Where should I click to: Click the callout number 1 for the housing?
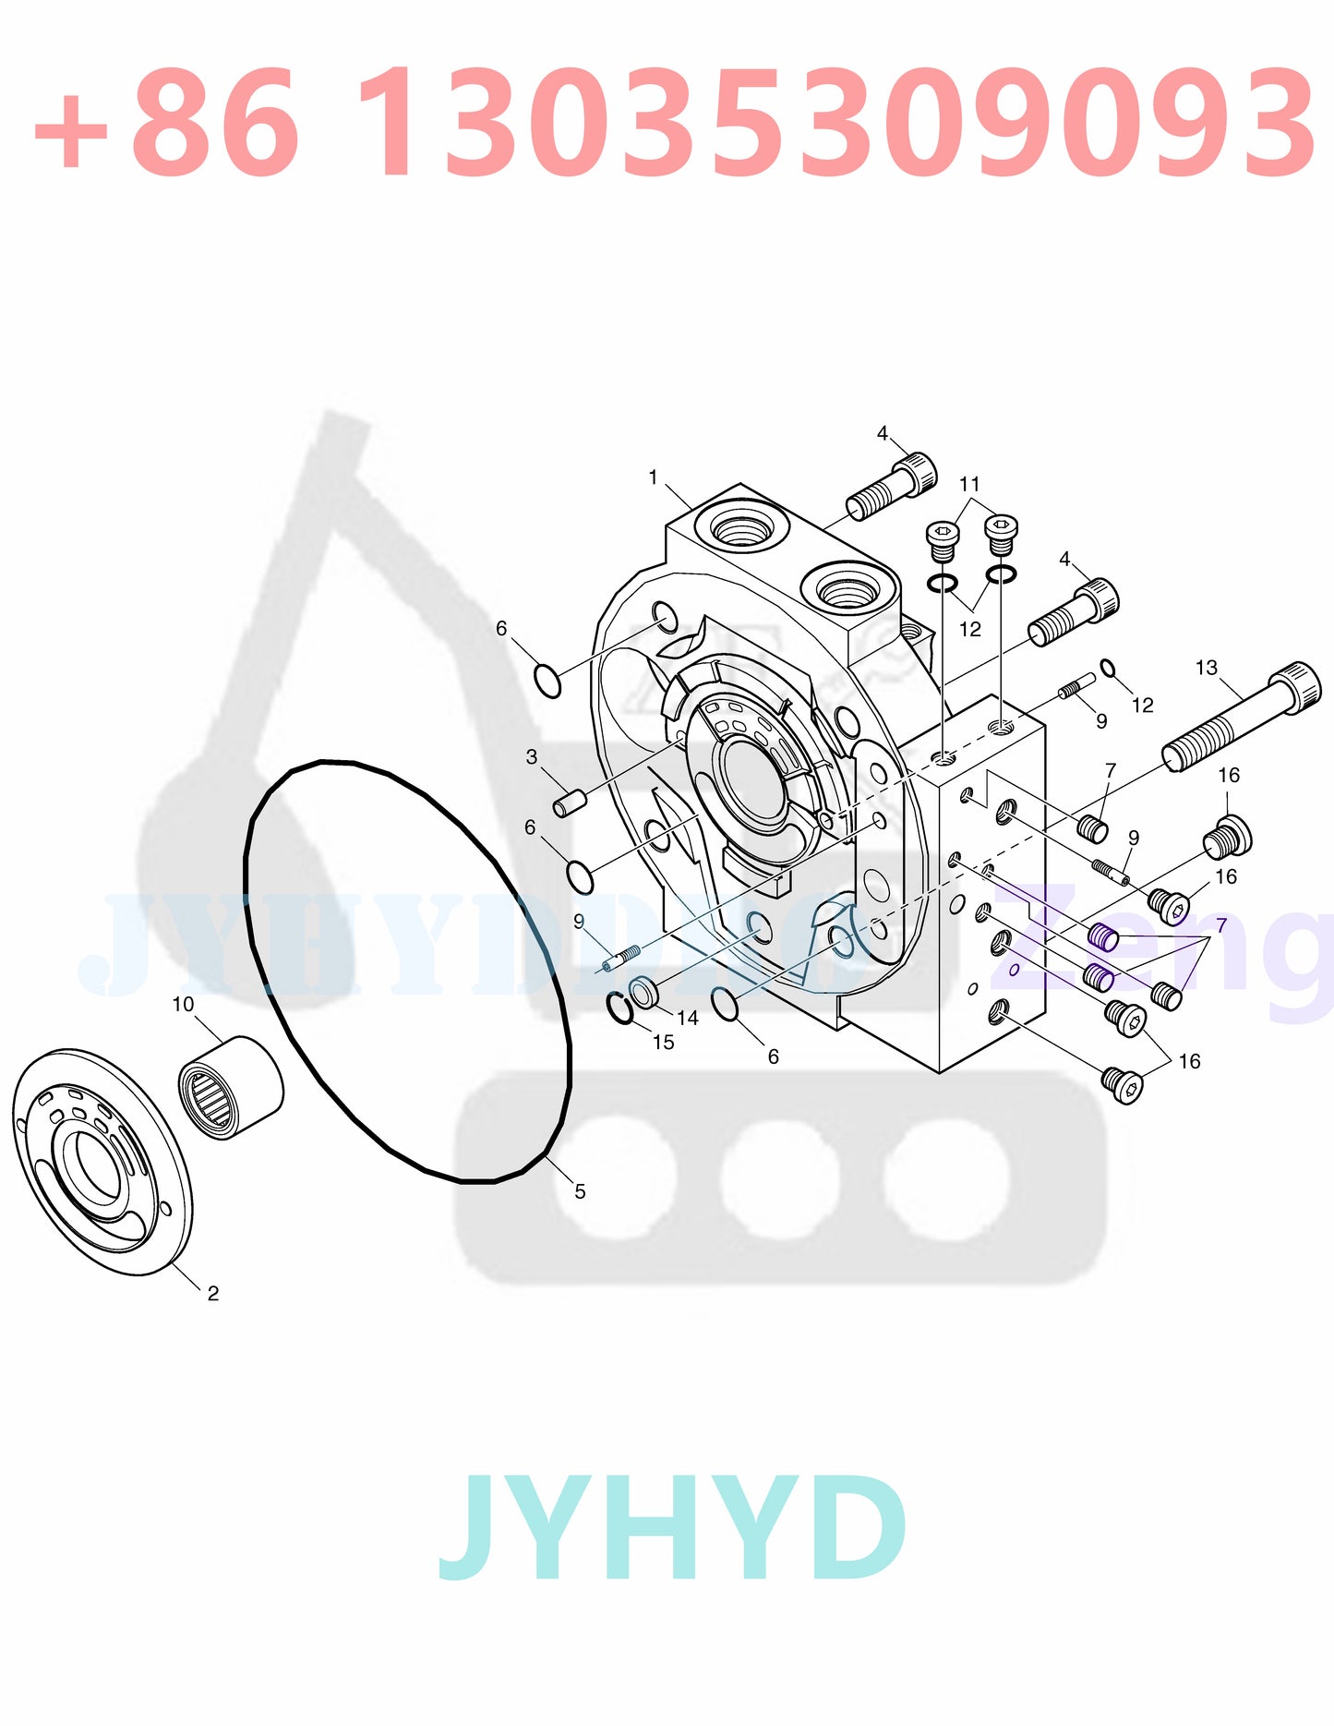[653, 477]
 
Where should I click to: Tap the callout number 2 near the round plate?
[213, 1294]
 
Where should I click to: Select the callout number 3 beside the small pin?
[532, 757]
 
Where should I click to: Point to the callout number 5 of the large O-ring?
[580, 1191]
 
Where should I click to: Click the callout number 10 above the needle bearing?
[183, 1004]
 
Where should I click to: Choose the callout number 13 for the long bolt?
[1206, 668]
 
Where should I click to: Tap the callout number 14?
[688, 1018]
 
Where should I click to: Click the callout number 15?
[663, 1042]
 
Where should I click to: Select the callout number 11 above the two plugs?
[969, 484]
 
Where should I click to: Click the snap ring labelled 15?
[619, 1007]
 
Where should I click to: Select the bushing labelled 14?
[644, 993]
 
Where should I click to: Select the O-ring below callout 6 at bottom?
[727, 1004]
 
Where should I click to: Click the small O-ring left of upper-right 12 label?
[1108, 669]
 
